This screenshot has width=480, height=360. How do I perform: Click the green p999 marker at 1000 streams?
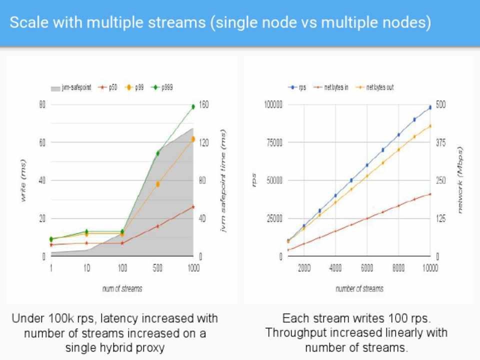point(193,106)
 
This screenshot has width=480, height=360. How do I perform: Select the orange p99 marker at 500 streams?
point(157,184)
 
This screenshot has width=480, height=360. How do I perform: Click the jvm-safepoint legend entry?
point(70,87)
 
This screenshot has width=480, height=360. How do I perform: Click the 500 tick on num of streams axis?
point(158,268)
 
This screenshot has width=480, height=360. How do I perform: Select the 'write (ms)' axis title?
point(23,180)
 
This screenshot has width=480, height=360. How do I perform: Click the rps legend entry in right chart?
point(300,87)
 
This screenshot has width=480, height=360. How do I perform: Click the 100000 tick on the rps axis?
point(273,105)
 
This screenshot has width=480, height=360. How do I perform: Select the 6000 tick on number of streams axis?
point(367,268)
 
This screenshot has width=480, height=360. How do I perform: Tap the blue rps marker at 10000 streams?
point(429,107)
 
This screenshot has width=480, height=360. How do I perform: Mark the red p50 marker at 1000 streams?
point(193,206)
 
